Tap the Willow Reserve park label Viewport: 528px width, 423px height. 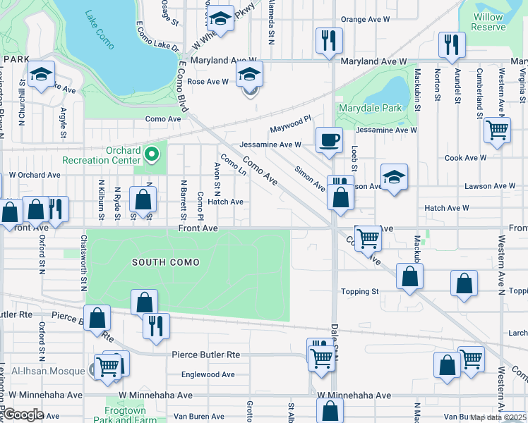click(488, 22)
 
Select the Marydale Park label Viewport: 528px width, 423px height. click(369, 108)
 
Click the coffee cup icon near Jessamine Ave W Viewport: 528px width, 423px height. click(329, 139)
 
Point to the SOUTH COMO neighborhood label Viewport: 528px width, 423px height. click(167, 262)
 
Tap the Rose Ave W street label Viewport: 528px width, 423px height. click(208, 82)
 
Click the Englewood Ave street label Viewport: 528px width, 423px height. click(208, 374)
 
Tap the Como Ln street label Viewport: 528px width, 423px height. click(233, 166)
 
